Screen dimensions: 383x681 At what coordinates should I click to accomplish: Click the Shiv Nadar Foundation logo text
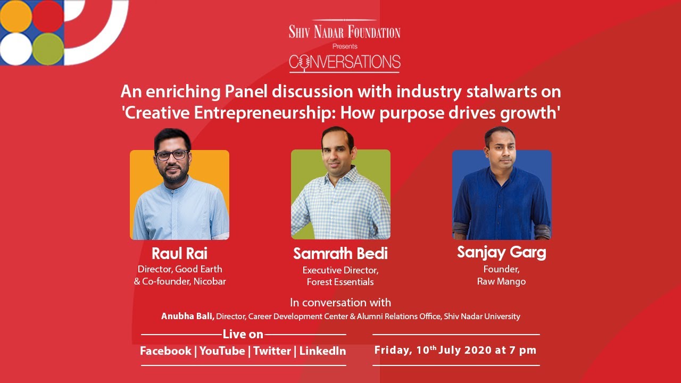coord(344,32)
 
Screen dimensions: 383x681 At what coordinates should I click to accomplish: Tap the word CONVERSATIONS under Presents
coord(344,63)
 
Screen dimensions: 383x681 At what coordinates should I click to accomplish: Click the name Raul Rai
coord(179,253)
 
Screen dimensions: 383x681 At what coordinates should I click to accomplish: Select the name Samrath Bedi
coord(340,254)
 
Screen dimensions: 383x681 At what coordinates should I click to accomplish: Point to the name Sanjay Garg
coord(501,252)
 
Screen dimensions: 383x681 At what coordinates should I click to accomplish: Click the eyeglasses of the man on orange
coord(172,155)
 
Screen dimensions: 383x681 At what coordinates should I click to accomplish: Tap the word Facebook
coord(165,351)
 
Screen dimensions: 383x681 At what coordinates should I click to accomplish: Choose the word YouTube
coord(222,351)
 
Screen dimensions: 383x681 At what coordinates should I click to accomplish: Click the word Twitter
coord(272,351)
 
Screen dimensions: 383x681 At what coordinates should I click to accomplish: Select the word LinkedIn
coord(322,351)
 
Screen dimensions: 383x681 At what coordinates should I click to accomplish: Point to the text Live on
coord(243,334)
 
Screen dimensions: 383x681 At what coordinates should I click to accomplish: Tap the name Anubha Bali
coord(188,316)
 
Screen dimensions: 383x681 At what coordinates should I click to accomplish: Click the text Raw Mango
coord(501,281)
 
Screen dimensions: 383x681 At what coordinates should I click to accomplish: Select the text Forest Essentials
coord(340,282)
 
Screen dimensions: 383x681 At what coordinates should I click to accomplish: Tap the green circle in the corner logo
coord(48,48)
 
